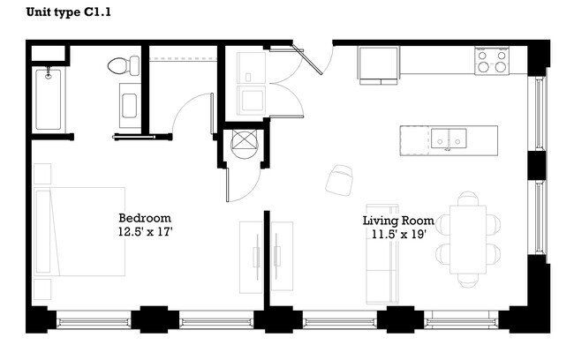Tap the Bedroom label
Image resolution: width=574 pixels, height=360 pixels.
coord(144,218)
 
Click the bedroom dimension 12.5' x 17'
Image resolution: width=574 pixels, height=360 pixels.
coord(144,232)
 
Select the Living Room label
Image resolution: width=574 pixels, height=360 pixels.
coord(398,220)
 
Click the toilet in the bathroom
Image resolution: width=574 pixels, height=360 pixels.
coord(125,65)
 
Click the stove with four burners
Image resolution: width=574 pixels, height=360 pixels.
coord(492,60)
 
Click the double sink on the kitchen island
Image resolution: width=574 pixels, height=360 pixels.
coord(449,139)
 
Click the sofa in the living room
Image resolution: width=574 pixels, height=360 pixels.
coord(382,265)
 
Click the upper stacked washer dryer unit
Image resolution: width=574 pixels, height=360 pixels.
coord(251,67)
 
